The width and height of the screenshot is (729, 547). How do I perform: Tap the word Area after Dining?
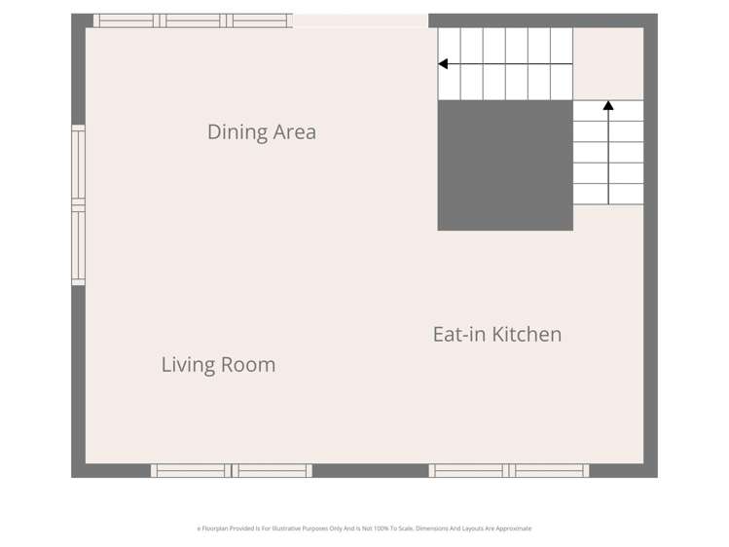[292, 132]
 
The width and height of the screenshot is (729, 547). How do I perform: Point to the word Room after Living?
[248, 365]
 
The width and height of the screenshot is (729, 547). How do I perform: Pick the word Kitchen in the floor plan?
[527, 335]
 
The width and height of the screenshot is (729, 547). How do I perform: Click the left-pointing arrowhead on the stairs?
[443, 64]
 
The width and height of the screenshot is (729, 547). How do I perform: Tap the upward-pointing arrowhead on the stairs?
[608, 105]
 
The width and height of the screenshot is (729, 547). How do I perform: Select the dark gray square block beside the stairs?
[504, 165]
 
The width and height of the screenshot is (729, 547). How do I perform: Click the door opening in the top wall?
[360, 20]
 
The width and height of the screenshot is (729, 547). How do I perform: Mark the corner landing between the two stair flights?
[608, 63]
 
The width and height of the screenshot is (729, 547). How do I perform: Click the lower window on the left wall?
[78, 245]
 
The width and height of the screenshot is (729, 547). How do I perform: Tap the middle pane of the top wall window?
[193, 20]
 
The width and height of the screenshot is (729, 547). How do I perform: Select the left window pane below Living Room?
[191, 471]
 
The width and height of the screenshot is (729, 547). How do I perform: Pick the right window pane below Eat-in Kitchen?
[550, 471]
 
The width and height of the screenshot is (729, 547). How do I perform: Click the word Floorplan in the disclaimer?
[217, 529]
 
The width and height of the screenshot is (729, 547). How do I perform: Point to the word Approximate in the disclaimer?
[512, 529]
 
